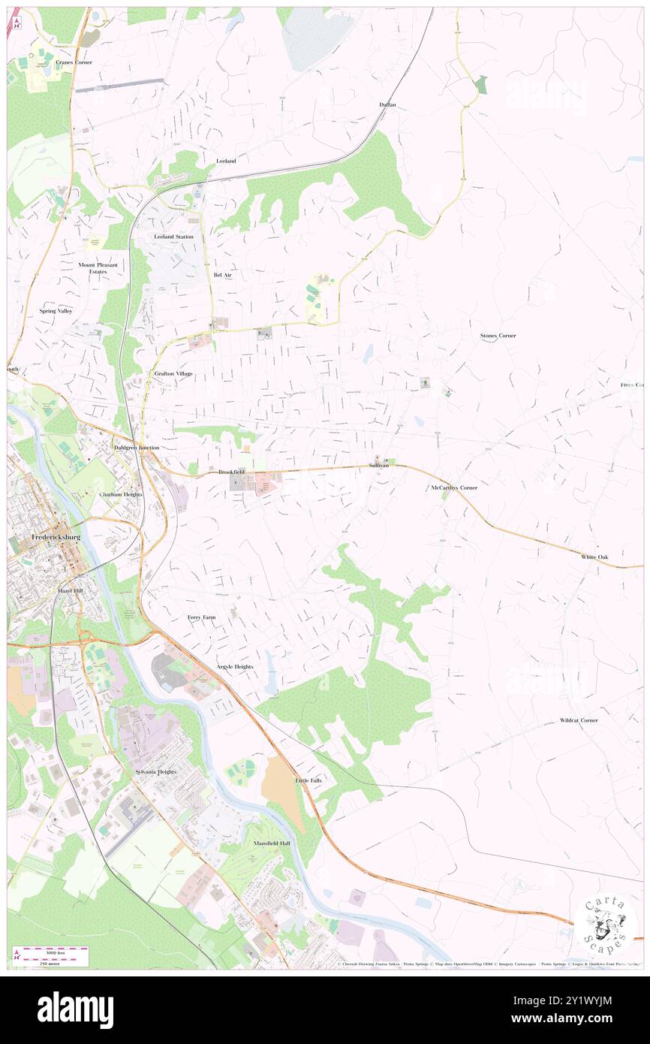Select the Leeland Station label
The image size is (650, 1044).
pos(173,237)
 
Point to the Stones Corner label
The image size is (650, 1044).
pos(498,335)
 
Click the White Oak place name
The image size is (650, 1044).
pos(598,557)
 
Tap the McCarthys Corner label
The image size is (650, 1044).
pos(454,487)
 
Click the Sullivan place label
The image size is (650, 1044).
pos(379,466)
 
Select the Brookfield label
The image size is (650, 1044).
pos(231,472)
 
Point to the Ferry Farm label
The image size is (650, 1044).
pos(202,617)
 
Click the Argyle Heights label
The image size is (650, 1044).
pos(235,667)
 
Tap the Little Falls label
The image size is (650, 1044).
pos(308,780)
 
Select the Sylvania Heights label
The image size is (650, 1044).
pos(155,772)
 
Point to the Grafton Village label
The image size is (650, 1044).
pos(173,373)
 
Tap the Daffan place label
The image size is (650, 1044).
pos(387,104)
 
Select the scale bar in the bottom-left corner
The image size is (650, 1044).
pos(50,956)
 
